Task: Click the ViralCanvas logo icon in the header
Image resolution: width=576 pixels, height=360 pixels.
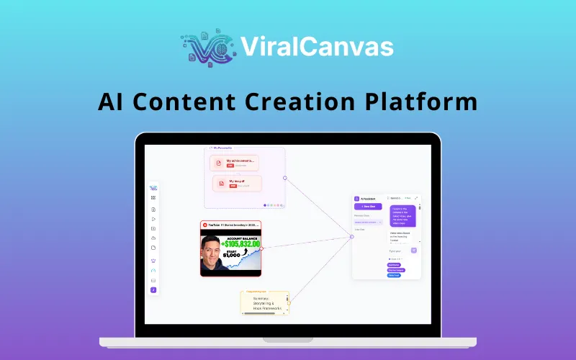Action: (208, 48)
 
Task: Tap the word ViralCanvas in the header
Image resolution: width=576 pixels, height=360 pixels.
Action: (317, 47)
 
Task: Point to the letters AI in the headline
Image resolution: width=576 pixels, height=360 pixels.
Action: (109, 101)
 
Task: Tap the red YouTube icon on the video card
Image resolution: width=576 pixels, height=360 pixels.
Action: (205, 225)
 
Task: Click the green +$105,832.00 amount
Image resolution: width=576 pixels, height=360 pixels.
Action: (233, 244)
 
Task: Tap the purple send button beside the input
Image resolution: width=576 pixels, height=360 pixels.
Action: (414, 250)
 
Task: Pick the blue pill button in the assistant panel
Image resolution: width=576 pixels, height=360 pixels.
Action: (394, 275)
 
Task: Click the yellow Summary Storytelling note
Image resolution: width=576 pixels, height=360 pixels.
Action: (265, 302)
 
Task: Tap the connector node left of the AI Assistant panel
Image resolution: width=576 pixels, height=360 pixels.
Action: (351, 236)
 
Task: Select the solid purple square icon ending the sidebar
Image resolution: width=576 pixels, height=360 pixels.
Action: (153, 289)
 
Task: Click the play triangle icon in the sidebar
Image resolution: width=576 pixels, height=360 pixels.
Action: (153, 218)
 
